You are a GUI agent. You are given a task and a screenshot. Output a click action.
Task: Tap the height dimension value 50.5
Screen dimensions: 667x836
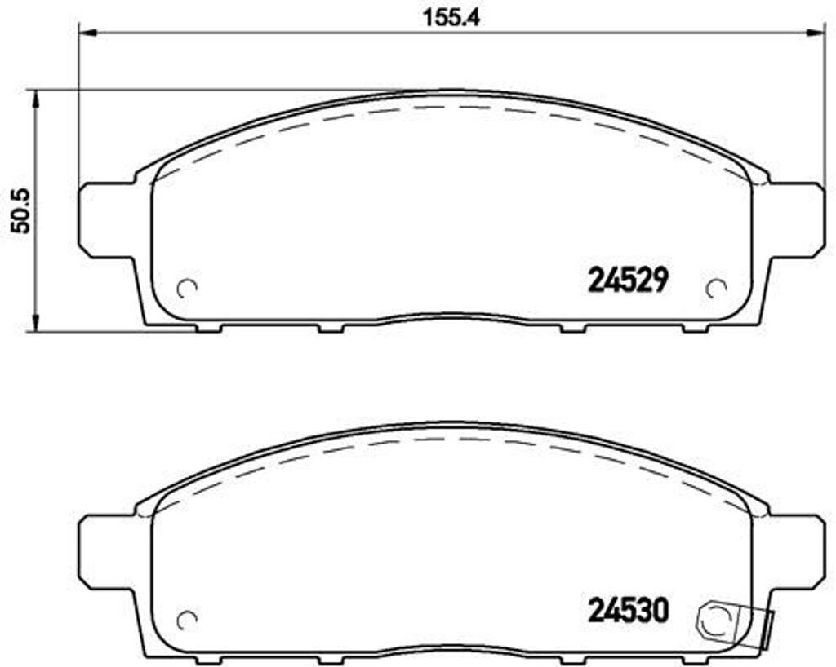[x=19, y=211]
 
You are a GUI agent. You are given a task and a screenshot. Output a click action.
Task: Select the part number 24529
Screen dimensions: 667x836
[x=629, y=280]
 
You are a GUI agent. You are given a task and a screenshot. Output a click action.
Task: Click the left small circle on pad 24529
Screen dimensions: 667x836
[x=188, y=289]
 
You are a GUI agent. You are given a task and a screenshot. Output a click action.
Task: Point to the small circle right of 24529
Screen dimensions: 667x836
[x=716, y=289]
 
